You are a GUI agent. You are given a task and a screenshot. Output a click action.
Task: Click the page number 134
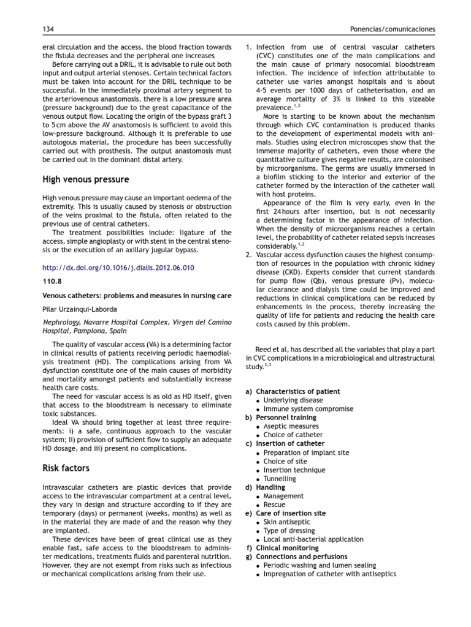[48, 29]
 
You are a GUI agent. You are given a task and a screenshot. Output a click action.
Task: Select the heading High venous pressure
[85, 179]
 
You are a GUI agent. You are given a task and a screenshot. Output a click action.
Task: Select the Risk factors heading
[66, 468]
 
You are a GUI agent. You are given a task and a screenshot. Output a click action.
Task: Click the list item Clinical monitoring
[287, 548]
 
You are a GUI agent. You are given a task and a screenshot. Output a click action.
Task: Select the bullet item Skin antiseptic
[288, 522]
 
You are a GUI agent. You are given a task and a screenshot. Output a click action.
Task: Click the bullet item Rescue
[274, 505]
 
